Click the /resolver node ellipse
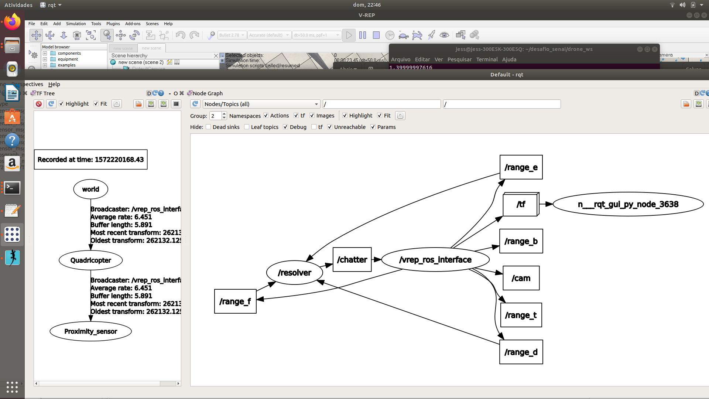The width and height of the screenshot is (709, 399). pos(294,273)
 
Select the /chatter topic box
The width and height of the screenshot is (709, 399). pos(352,260)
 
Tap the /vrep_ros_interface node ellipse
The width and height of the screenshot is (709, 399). pos(435,260)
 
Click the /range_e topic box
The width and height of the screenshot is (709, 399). pos(521,167)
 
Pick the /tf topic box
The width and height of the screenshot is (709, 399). pos(520,204)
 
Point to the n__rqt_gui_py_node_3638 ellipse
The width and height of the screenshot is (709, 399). pos(628,204)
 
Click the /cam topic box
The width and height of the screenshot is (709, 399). pos(521,278)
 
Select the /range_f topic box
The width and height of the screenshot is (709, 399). pos(235,301)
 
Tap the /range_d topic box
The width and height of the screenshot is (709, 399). pos(521,352)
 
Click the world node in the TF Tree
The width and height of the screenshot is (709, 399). pos(90,189)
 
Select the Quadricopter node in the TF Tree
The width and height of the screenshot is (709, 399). pos(90,260)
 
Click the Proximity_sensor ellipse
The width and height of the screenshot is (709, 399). pos(90,331)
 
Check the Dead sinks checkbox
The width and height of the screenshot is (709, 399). pos(209,127)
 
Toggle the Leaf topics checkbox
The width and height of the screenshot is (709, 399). pos(247,127)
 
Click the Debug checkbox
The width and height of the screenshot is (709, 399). pos(285,127)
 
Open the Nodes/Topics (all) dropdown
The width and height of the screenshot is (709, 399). pos(261,104)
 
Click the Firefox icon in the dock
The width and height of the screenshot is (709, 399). pos(12,22)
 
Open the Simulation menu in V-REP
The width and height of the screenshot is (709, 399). pos(76,24)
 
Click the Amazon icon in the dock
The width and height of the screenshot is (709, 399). pos(12,163)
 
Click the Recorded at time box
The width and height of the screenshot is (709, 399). pos(90,160)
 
